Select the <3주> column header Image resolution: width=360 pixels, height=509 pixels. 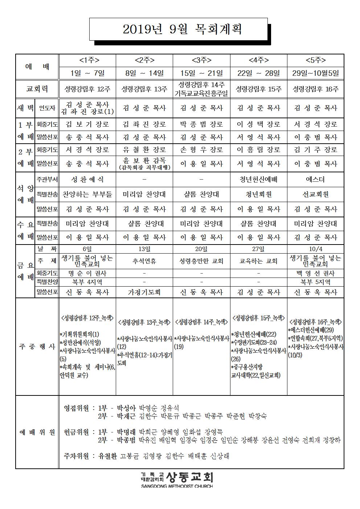coord(201,60)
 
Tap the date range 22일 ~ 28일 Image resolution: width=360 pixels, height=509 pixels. coord(258,73)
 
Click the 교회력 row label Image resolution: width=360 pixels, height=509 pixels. coord(37,89)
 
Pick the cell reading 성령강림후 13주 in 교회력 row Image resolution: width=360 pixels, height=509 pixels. coord(144,89)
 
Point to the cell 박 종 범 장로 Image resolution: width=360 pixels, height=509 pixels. coord(201,124)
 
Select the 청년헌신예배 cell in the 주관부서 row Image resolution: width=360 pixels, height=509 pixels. coord(258,180)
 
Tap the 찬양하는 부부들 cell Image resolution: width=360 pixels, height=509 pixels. coord(87,194)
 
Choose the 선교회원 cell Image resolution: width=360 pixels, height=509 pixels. coord(315,194)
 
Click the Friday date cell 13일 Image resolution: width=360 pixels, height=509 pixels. coord(144,249)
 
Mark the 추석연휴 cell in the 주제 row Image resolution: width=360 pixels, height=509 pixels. coord(144,261)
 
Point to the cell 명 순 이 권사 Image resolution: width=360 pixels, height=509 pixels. coord(87,273)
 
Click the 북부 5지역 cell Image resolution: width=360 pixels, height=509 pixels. coord(315,282)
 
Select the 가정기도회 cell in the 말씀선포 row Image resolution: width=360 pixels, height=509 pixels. coord(144,292)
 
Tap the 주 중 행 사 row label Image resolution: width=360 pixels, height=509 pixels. coord(37,346)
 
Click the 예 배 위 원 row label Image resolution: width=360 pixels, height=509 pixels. coord(37,432)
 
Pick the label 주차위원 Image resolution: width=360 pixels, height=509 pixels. coord(76,456)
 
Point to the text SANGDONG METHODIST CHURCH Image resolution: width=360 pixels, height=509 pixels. coord(177,486)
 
